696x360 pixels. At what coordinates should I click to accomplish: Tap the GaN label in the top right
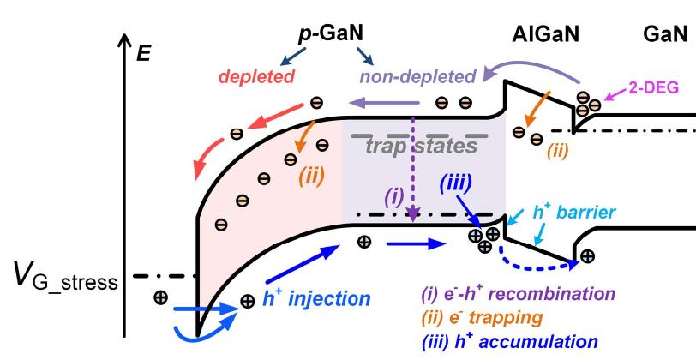665,33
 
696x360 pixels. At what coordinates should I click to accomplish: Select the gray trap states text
417,147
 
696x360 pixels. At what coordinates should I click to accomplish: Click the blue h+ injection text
318,298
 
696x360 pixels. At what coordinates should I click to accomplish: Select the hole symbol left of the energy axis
160,298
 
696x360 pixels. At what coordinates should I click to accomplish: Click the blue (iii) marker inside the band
453,183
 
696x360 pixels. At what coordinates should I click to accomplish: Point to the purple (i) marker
393,196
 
